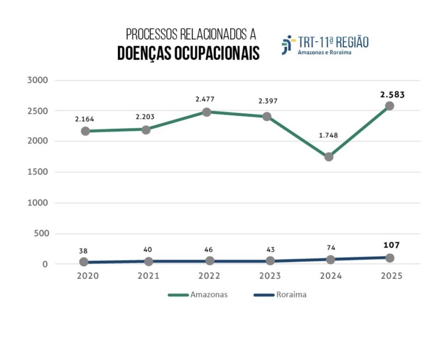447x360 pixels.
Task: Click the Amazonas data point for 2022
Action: [x=206, y=112]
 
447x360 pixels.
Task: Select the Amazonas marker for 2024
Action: [x=329, y=156]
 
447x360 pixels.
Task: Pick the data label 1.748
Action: [x=329, y=135]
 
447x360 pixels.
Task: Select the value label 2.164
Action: [x=84, y=119]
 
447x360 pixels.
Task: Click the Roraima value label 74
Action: [x=331, y=248]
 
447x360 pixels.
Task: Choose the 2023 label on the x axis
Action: [x=270, y=276]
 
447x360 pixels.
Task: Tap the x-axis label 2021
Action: [x=148, y=276]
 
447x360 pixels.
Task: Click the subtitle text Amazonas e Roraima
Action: [x=324, y=52]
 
